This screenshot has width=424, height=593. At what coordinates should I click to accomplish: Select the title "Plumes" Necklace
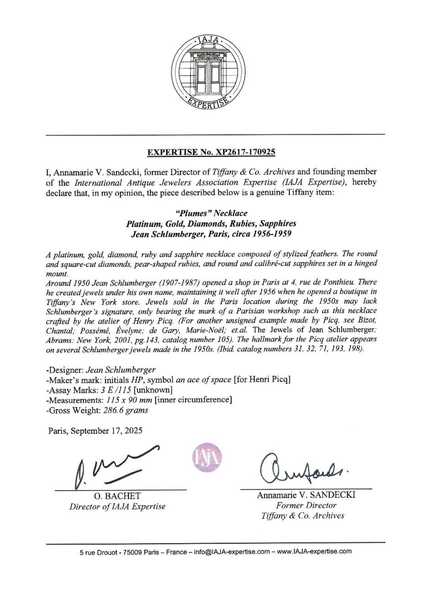pos(212,214)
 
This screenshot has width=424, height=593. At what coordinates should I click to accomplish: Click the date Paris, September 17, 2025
pos(95,430)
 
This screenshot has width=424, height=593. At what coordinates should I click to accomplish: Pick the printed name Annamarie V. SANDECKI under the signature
pos(307,495)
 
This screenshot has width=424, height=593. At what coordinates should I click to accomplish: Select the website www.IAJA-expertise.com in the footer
pos(314,551)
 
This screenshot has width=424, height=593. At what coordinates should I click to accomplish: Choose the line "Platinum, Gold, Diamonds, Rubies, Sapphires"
pos(212,224)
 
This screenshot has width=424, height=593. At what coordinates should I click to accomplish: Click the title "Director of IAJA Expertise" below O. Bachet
pos(117,506)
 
